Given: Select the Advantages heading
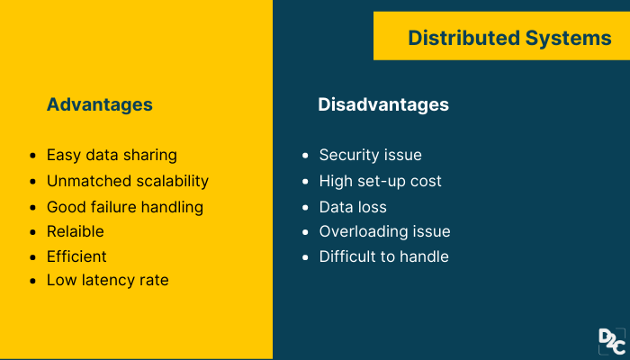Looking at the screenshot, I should pyautogui.click(x=99, y=104).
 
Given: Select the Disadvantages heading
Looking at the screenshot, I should pyautogui.click(x=383, y=104).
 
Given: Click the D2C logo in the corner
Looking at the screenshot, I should pyautogui.click(x=611, y=342).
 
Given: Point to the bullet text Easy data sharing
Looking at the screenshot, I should pyautogui.click(x=112, y=155).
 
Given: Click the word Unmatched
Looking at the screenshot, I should pyautogui.click(x=88, y=181).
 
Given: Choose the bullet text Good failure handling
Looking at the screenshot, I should pyautogui.click(x=125, y=207).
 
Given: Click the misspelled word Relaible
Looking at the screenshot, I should pyautogui.click(x=76, y=231).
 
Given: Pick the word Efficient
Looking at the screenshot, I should pyautogui.click(x=76, y=256).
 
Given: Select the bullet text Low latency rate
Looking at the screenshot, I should pyautogui.click(x=108, y=281).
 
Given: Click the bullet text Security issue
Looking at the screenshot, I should pyautogui.click(x=370, y=155).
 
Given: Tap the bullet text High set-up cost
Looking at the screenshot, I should pyautogui.click(x=381, y=181).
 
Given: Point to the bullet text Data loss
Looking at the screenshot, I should pyautogui.click(x=354, y=207).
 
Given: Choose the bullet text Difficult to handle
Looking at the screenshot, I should pyautogui.click(x=384, y=256).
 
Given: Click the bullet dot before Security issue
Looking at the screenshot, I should pyautogui.click(x=306, y=156).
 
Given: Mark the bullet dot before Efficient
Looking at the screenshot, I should pyautogui.click(x=33, y=257).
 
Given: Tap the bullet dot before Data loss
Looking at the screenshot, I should pyautogui.click(x=306, y=207).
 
